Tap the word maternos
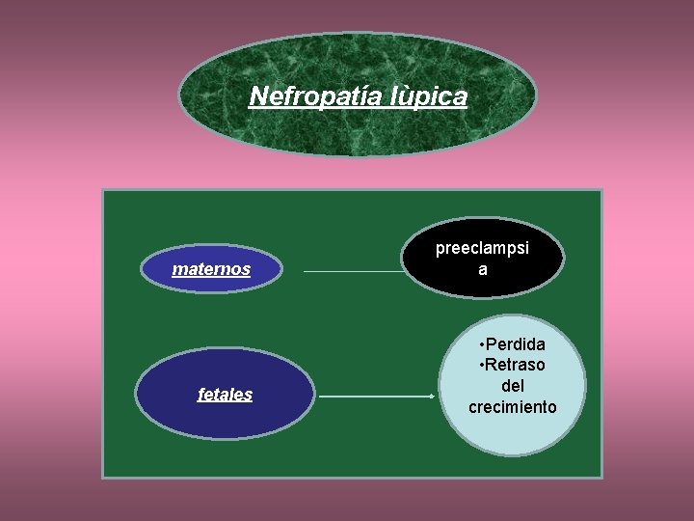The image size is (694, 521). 211,269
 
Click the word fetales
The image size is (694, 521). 225,394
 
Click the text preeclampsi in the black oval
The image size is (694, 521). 482,249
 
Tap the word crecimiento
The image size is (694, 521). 512,407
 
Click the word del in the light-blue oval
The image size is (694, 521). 513,386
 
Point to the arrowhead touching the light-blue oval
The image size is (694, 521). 431,396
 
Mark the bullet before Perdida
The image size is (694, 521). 481,344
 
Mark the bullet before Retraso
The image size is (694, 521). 481,365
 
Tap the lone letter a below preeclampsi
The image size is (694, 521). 483,270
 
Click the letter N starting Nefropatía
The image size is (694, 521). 258,96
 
